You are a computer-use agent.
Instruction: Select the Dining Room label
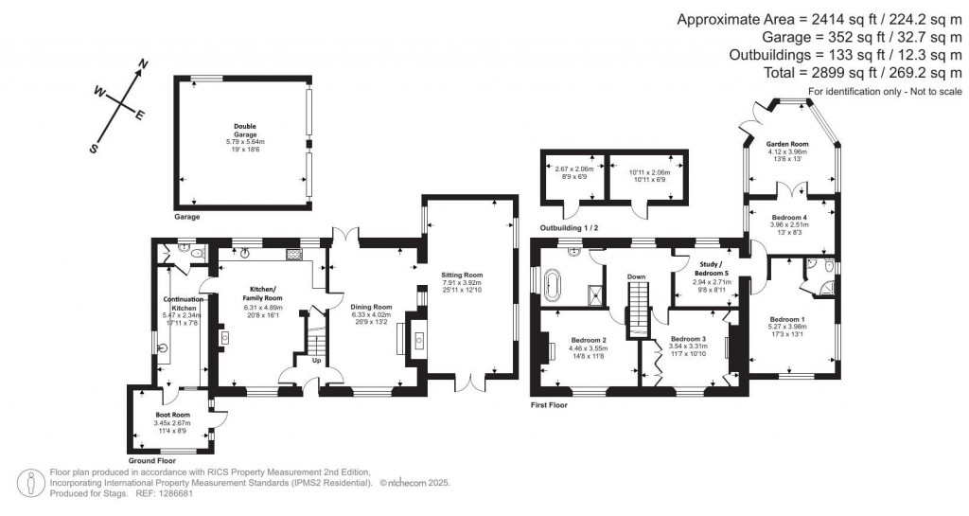pos(370,307)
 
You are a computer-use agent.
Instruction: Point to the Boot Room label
pos(173,415)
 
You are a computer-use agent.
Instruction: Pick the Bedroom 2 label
pos(590,341)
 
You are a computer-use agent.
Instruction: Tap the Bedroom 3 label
pos(688,338)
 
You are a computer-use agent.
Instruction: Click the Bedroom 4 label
pos(789,216)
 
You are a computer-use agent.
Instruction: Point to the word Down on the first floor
pos(637,276)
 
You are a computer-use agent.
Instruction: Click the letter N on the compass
pos(144,64)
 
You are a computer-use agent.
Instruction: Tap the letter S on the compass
pos(94,149)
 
